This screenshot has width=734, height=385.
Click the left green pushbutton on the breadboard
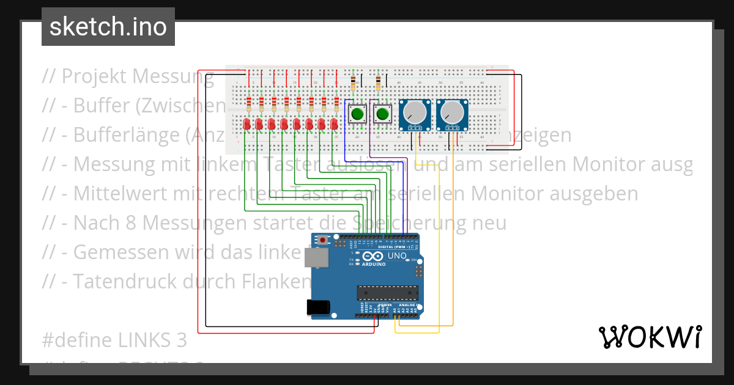[357, 114]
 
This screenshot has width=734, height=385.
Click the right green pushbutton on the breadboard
[383, 114]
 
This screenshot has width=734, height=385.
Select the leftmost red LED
[247, 125]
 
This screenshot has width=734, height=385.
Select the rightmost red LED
[335, 125]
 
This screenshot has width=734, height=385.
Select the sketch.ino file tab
[108, 27]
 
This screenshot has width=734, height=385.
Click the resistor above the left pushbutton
[354, 80]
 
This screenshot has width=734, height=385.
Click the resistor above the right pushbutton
[378, 80]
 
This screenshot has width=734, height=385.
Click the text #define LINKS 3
[114, 340]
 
